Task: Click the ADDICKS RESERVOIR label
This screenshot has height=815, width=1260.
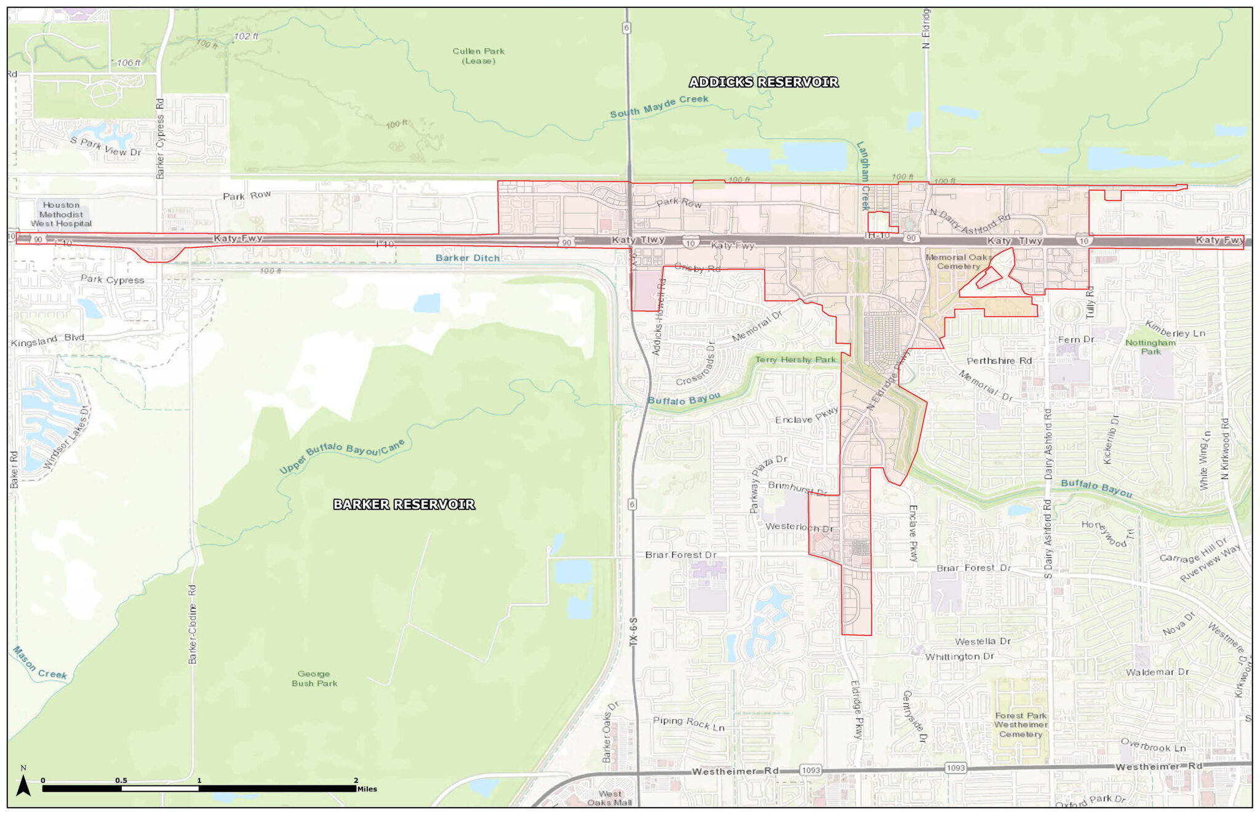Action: pos(763,82)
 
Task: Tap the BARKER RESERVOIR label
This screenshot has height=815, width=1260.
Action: pos(404,504)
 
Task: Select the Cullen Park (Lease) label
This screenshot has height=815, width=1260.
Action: pos(478,56)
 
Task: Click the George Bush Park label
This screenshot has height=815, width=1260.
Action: pos(314,678)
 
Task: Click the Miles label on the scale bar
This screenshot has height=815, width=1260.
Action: pos(367,789)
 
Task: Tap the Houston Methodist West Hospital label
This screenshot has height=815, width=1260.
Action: pos(61,214)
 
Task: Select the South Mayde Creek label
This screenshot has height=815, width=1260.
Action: pos(659,106)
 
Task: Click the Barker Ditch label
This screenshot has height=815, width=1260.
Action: pos(468,258)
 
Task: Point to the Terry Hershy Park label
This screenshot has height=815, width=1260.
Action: pos(795,359)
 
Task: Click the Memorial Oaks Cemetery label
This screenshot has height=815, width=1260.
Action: pos(959,261)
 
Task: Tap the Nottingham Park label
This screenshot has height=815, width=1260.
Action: pos(1150,347)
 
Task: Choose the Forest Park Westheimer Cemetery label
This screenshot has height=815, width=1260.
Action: pos(1021,725)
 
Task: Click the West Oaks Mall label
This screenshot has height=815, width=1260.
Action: pos(609,798)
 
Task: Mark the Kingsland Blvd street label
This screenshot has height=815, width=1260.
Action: pos(47,340)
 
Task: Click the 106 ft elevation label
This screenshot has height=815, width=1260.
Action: pos(129,63)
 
